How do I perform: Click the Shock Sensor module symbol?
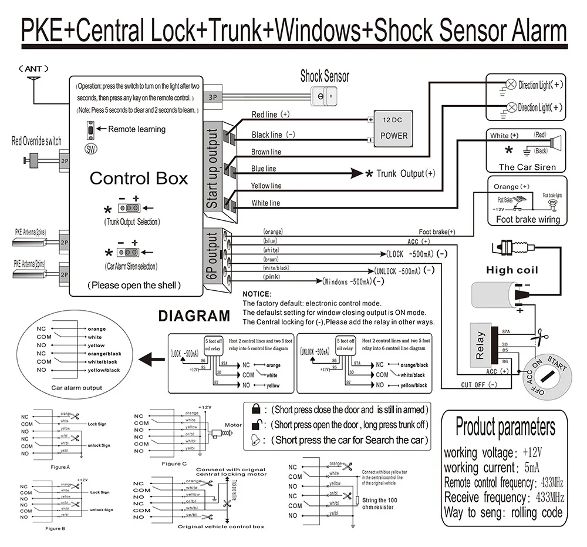click(x=325, y=96)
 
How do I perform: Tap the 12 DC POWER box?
click(x=393, y=127)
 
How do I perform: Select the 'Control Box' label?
click(x=139, y=179)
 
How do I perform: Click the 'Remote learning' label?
click(x=137, y=129)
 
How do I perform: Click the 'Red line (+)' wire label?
click(x=271, y=115)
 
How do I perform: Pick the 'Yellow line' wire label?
click(x=266, y=186)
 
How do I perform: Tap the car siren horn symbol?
click(x=555, y=143)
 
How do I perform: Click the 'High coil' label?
click(x=512, y=270)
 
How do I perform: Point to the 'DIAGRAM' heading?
click(x=194, y=316)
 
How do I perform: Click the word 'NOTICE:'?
click(x=257, y=294)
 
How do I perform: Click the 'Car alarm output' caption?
click(x=76, y=388)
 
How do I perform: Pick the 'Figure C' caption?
click(x=174, y=464)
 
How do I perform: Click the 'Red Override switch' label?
click(x=36, y=141)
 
